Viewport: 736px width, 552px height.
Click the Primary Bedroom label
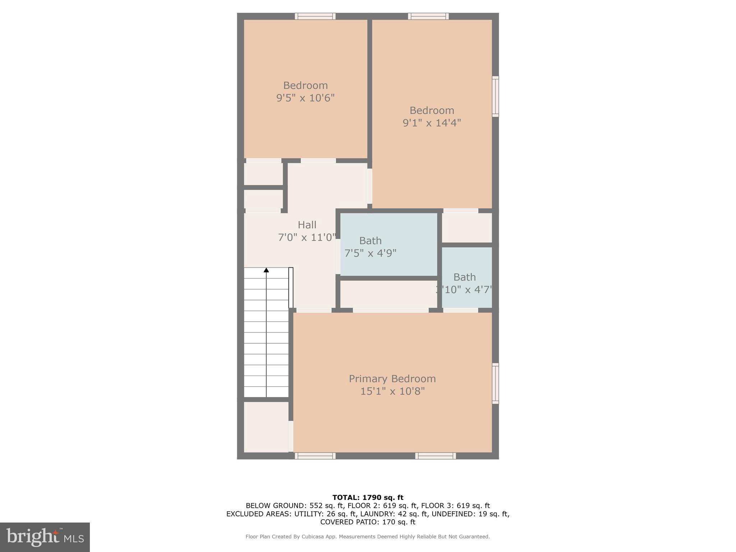tap(392, 379)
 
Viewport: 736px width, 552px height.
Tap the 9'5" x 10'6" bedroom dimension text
tap(305, 98)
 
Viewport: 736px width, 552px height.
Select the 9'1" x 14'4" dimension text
tap(432, 123)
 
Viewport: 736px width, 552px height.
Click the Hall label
tap(307, 225)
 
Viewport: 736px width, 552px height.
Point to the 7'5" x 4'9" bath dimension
tap(370, 253)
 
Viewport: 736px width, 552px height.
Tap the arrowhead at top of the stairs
tap(266, 270)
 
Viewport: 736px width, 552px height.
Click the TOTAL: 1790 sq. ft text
tap(368, 497)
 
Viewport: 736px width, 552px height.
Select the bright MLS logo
tap(45, 537)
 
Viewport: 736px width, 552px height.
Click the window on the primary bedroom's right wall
tap(495, 383)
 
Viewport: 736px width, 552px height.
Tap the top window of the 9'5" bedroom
tap(315, 16)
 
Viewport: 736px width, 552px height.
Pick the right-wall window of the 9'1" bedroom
tap(495, 96)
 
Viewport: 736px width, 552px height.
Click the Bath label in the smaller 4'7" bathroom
tap(464, 277)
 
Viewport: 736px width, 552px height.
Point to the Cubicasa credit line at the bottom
tap(367, 537)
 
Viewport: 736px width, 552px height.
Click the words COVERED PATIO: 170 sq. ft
tap(368, 522)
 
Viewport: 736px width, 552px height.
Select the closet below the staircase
tap(266, 427)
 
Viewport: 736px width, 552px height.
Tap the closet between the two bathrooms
tap(388, 294)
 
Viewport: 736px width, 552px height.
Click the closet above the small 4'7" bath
tap(466, 228)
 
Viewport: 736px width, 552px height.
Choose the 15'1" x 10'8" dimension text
tap(392, 391)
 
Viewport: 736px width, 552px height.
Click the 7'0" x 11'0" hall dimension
tap(307, 237)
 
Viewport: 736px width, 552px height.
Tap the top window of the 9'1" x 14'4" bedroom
tap(428, 16)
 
